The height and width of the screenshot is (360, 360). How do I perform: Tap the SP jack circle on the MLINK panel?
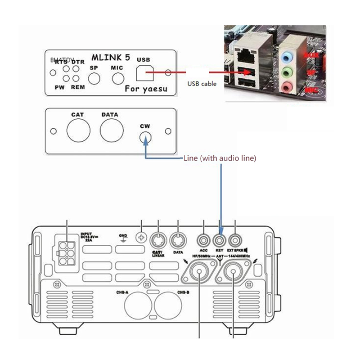pos(94,79)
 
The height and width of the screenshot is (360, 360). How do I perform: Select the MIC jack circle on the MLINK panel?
pos(117,79)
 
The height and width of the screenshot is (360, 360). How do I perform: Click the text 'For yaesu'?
pos(145,89)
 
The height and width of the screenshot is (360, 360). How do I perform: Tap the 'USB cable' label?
pos(202,84)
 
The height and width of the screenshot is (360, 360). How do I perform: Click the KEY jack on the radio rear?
pos(220,238)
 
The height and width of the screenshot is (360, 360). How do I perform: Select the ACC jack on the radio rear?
pos(204,238)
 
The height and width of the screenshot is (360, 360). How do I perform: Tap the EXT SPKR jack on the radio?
pos(235,238)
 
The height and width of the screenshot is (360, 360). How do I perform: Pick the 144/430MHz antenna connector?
pos(234,272)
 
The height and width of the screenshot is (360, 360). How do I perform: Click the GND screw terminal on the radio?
pos(142,237)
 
